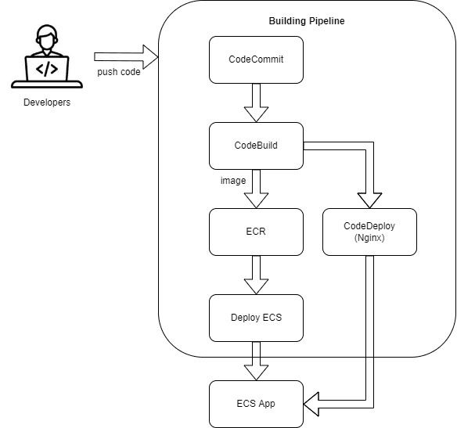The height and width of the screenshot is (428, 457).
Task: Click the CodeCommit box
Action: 256,59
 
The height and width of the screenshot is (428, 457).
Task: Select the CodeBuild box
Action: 256,146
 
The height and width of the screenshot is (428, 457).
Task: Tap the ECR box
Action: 256,232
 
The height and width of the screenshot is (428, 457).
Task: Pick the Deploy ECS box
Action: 256,317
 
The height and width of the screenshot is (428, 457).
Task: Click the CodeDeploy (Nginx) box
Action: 369,232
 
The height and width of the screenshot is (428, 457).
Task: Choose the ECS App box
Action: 256,403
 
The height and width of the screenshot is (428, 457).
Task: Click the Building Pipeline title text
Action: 306,21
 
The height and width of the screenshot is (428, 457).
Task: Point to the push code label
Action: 119,73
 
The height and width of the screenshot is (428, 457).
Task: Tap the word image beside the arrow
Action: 233,180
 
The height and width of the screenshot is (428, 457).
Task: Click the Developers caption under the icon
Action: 48,102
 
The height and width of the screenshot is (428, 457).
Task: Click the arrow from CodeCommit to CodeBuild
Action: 256,102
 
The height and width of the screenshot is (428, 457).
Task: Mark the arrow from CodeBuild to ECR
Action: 256,188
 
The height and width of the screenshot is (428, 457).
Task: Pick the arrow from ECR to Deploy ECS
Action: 256,274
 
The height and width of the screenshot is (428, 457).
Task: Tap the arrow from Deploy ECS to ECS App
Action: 256,360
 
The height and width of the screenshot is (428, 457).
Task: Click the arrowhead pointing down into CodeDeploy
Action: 369,199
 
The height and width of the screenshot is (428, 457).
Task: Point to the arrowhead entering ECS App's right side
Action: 315,405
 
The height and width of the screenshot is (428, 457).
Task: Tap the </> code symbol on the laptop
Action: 48,68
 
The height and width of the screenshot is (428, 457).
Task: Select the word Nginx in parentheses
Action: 369,239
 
